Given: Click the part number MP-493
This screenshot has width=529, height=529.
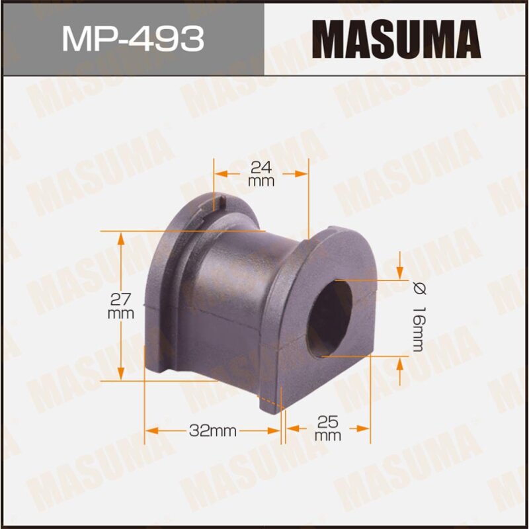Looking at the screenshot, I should point(132,38).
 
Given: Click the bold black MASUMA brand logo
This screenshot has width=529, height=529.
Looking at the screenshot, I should point(396,38).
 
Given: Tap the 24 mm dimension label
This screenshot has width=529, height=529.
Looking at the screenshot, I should point(262,173).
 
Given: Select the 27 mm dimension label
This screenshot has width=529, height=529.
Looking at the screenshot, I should point(121,305).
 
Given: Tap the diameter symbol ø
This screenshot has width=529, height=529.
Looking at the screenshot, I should point(418,288).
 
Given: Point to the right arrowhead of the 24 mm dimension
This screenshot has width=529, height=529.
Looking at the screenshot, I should point(305,173).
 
